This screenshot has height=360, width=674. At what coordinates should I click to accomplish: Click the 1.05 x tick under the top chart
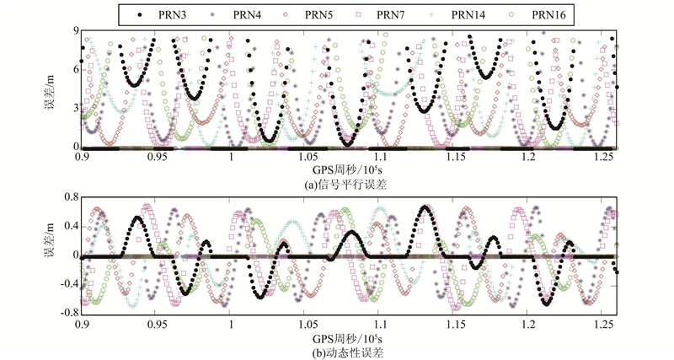click(306, 158)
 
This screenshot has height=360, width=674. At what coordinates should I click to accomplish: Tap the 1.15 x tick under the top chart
click(456, 158)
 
